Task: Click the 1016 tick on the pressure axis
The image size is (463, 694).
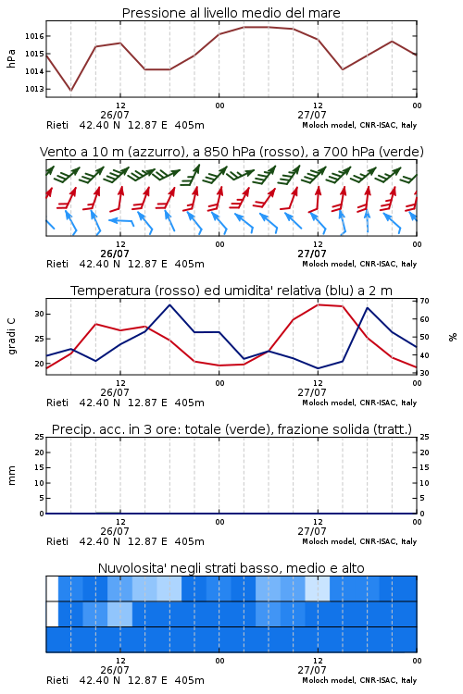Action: click(34, 36)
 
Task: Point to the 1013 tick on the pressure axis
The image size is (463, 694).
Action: click(34, 89)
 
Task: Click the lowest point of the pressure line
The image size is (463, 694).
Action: click(70, 91)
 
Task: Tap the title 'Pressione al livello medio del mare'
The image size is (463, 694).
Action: click(231, 13)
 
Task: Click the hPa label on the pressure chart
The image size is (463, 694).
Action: click(11, 58)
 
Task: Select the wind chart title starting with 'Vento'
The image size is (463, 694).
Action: click(231, 152)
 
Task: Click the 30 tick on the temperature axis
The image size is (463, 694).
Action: click(40, 314)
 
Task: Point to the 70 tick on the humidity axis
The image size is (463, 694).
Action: click(424, 301)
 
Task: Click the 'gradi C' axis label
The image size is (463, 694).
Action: click(11, 336)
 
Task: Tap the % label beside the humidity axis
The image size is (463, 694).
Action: click(453, 337)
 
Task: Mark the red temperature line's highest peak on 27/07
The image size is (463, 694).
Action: click(319, 304)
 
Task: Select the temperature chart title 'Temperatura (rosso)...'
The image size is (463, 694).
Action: click(231, 291)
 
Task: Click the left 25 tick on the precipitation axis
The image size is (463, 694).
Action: click(40, 438)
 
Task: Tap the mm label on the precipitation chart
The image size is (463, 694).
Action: click(11, 476)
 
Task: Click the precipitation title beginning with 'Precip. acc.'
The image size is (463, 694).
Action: click(231, 429)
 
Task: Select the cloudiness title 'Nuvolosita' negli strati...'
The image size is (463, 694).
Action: click(231, 568)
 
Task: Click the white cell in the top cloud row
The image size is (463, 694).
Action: click(52, 589)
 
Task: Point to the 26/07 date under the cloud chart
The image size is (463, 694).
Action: click(115, 670)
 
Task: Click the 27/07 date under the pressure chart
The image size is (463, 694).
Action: click(312, 115)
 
